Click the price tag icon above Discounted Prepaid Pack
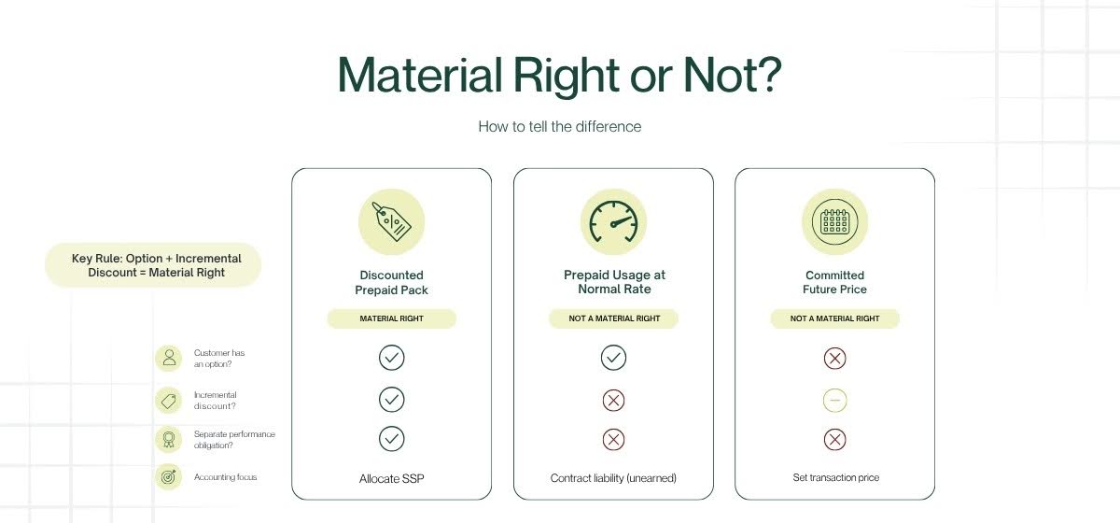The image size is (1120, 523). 391,221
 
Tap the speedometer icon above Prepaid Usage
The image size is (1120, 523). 613,221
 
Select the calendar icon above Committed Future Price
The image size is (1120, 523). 835,221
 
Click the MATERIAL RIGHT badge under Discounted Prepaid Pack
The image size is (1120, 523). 391,318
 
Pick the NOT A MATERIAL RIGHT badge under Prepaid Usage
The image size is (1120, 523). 613,318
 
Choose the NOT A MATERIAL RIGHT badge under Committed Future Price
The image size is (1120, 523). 835,318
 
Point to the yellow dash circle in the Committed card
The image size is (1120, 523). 835,401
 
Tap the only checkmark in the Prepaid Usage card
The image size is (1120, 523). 613,358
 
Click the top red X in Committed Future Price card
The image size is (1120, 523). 835,359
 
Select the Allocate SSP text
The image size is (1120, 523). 391,479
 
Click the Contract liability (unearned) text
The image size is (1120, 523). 613,478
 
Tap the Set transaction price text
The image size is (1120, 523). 836,478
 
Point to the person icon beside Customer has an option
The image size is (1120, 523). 169,359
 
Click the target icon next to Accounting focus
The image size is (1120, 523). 169,477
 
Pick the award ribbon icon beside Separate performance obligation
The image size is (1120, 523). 169,440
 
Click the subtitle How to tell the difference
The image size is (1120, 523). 559,127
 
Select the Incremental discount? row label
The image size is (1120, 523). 215,401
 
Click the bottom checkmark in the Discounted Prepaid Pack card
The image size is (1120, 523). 391,439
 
